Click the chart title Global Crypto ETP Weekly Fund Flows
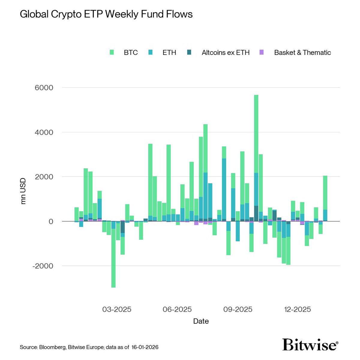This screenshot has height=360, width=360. pyautogui.click(x=106, y=14)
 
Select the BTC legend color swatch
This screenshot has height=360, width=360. pyautogui.click(x=112, y=52)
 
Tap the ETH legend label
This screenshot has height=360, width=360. pyautogui.click(x=169, y=52)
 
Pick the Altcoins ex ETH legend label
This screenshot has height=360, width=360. pyautogui.click(x=226, y=52)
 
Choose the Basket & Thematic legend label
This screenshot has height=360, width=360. pyautogui.click(x=302, y=52)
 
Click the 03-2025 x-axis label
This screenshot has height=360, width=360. pyautogui.click(x=117, y=309)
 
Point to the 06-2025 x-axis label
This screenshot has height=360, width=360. pyautogui.click(x=177, y=309)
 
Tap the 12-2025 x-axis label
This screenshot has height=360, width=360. pyautogui.click(x=297, y=309)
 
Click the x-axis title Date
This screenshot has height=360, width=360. pyautogui.click(x=201, y=321)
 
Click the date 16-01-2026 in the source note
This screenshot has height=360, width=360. pyautogui.click(x=144, y=347)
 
